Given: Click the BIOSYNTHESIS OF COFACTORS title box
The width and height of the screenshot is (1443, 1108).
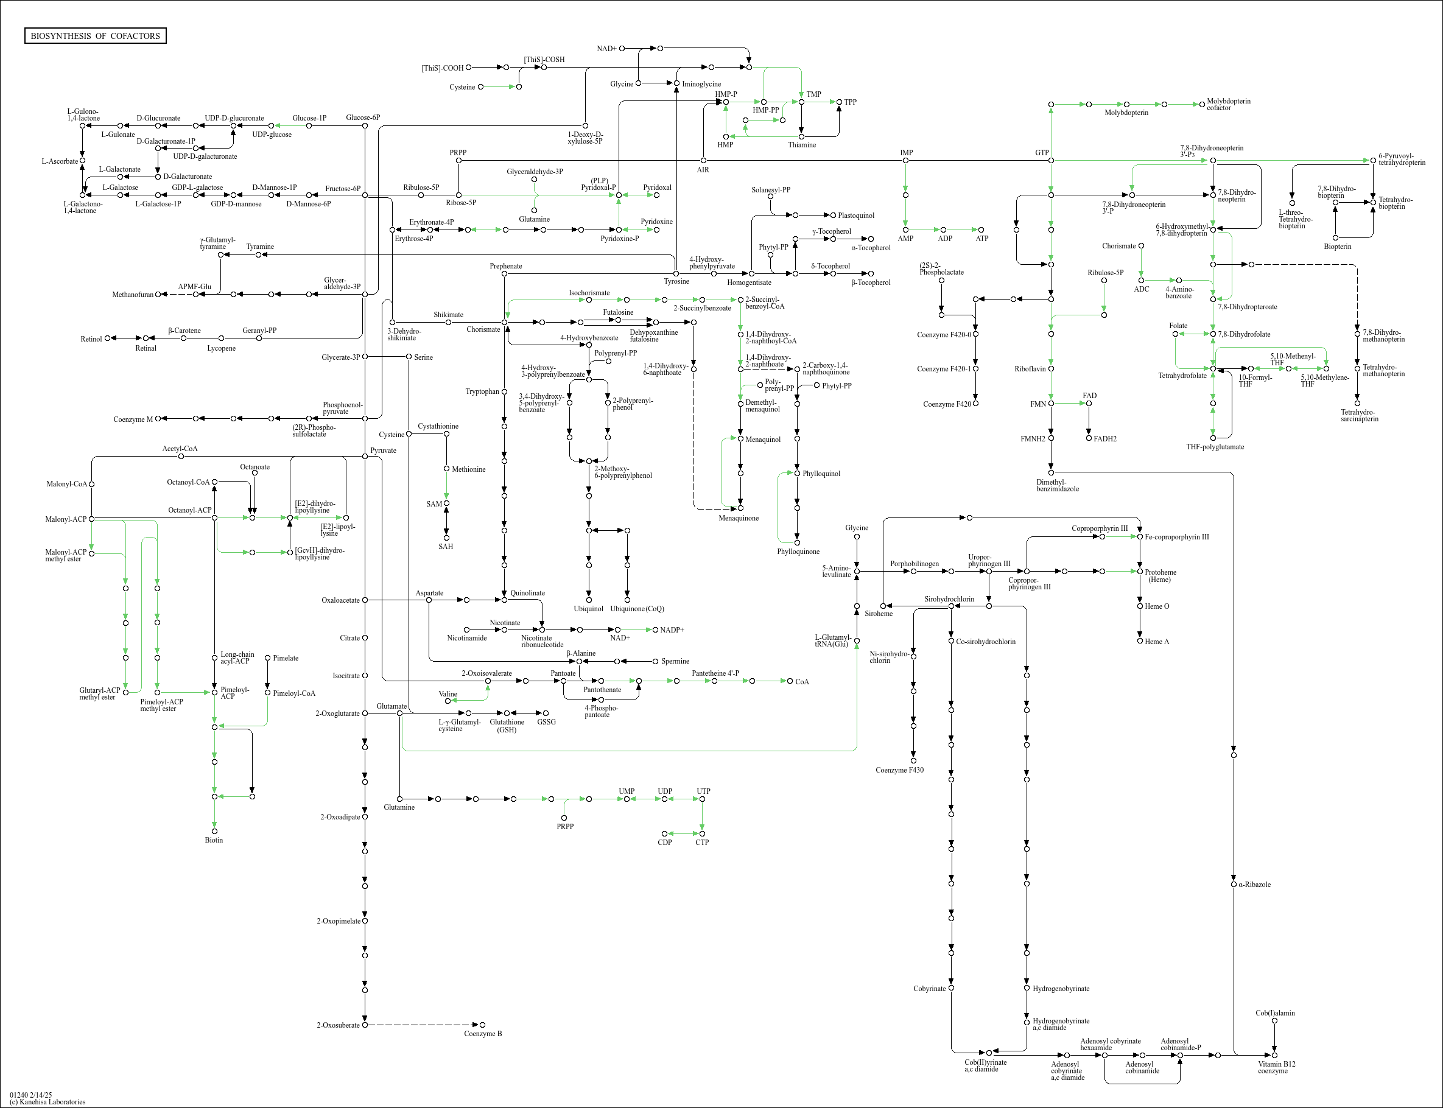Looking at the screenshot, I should click(x=95, y=35).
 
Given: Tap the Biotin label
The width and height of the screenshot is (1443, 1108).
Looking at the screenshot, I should click(x=214, y=840).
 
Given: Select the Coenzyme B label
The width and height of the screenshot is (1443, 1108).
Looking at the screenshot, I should click(x=483, y=1034).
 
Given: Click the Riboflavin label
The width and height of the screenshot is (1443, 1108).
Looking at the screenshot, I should click(x=1030, y=369).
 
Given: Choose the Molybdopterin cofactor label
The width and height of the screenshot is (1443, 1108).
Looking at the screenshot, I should click(x=1228, y=104).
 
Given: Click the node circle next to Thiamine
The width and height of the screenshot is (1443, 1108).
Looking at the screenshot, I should click(x=801, y=136).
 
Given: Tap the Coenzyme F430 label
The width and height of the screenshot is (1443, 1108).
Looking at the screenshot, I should click(x=899, y=770).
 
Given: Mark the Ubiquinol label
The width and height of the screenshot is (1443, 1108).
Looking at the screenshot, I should click(x=588, y=609).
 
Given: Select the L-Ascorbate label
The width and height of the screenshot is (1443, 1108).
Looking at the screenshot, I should click(x=59, y=161).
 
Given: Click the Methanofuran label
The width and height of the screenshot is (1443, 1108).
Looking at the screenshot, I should click(x=133, y=295).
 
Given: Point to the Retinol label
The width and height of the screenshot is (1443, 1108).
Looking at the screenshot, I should click(x=91, y=339).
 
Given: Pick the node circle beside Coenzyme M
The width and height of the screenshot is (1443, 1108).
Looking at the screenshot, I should click(x=158, y=418).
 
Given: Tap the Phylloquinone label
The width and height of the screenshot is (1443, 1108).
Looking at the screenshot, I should click(x=798, y=552).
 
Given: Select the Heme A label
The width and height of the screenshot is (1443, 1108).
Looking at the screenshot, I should click(x=1157, y=642).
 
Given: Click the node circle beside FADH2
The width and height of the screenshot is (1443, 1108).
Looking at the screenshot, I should click(x=1089, y=438).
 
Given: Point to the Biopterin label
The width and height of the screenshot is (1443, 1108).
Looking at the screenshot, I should click(x=1338, y=247).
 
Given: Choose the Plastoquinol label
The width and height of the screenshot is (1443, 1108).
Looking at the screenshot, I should click(x=855, y=216).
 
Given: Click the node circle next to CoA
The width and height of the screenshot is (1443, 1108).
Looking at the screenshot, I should click(x=790, y=681).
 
